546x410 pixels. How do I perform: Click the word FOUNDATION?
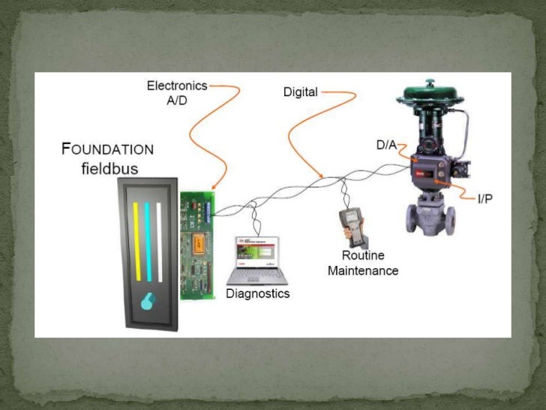[107, 149]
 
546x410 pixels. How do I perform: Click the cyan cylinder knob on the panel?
[148, 302]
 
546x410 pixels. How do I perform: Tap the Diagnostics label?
[257, 294]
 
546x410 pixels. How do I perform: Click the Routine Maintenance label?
[362, 263]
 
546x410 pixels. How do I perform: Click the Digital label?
[301, 92]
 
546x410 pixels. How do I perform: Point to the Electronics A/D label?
[176, 93]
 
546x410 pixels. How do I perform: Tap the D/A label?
[386, 143]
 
